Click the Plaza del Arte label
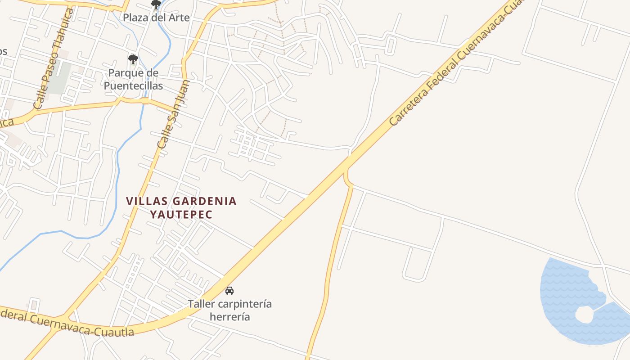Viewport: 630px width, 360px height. (156, 18)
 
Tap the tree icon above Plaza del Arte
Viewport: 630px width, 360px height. (156, 5)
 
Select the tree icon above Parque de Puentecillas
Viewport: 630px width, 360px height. (133, 59)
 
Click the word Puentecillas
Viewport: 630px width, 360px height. (133, 85)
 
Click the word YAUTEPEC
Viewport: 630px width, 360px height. (181, 214)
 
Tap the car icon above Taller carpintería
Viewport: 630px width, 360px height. (229, 291)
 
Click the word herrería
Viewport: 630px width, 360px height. (229, 317)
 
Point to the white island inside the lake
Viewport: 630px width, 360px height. (585, 314)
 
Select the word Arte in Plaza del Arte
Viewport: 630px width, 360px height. (178, 18)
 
